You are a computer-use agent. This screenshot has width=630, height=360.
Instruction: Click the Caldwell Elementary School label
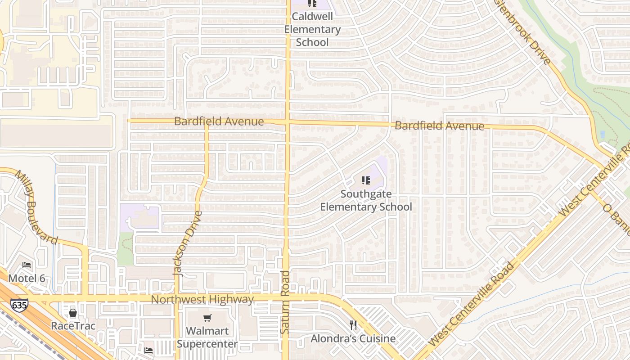[312, 29]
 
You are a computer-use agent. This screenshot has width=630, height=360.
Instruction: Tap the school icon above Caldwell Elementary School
[312, 4]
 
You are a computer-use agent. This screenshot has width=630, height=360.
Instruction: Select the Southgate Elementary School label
[366, 201]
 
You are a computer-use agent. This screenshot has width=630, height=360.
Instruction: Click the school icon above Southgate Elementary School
[366, 180]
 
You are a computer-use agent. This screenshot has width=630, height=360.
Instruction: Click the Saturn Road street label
[285, 302]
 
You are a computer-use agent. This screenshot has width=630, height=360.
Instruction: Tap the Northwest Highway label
[202, 299]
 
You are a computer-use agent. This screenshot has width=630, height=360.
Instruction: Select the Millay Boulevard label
[37, 207]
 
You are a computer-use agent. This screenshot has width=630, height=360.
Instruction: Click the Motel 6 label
[27, 278]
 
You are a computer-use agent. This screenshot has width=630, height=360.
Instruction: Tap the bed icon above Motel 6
[27, 265]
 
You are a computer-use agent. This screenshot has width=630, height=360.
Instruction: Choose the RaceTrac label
[73, 325]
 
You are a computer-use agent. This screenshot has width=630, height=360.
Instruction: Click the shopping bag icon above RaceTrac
[73, 312]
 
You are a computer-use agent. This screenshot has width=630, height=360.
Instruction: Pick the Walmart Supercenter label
[207, 337]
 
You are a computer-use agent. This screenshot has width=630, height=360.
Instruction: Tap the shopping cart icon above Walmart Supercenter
[207, 318]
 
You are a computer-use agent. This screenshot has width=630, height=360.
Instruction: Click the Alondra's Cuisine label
[353, 338]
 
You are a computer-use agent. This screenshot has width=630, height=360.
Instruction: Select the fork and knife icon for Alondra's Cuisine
[353, 325]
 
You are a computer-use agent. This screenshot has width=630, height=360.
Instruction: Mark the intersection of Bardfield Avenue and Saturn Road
[288, 122]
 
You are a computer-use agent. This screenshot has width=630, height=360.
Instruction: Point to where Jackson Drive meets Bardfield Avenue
[207, 121]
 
